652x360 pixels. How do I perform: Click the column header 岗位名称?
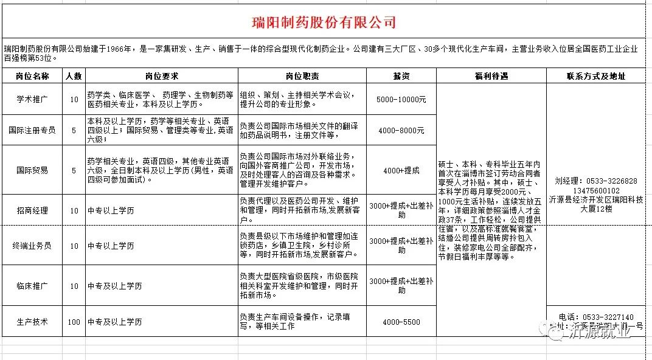coord(32,77)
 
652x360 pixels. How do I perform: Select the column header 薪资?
coord(401,77)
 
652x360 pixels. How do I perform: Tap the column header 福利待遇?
coord(491,77)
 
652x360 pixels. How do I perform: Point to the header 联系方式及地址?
coord(595,77)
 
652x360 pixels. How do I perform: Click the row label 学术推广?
coord(32,99)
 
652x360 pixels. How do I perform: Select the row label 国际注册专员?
coord(32,130)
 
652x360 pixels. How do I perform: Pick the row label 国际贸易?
coord(32,170)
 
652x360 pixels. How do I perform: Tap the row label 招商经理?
coord(32,210)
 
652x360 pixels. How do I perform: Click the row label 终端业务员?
coord(32,246)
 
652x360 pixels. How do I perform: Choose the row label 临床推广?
coord(32,285)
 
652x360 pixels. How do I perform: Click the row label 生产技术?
coord(32,322)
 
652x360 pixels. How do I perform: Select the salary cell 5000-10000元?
coord(401,99)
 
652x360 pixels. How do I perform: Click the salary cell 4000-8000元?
coord(401,130)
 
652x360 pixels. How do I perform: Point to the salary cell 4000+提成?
coord(401,170)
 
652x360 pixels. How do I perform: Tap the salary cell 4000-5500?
coord(401,322)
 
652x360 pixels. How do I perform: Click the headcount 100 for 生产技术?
coord(74,322)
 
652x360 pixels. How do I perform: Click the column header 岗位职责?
coord(302,77)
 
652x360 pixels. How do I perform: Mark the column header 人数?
coord(74,77)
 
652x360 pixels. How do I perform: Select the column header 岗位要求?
coord(161,77)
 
